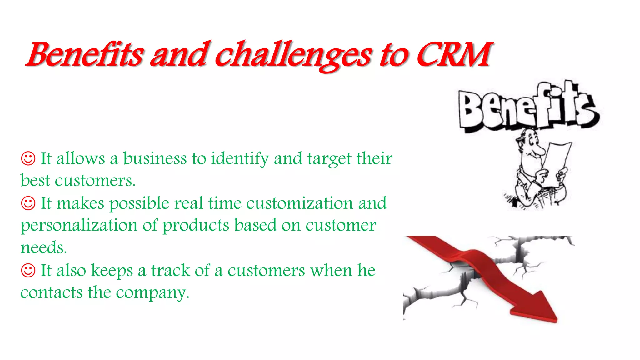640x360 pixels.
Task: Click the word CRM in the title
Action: tap(453, 55)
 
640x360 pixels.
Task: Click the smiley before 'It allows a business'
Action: tap(28, 158)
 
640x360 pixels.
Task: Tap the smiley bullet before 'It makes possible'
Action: tap(28, 203)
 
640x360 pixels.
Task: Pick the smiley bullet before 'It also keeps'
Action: tap(28, 270)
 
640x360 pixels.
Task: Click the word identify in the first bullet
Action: tap(240, 159)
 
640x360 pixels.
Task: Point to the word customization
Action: tap(299, 203)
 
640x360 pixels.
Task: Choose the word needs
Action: tap(43, 248)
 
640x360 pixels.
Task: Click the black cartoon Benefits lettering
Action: tap(528, 108)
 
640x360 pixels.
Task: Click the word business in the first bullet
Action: tap(155, 158)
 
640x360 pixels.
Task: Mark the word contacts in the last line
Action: tap(52, 293)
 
